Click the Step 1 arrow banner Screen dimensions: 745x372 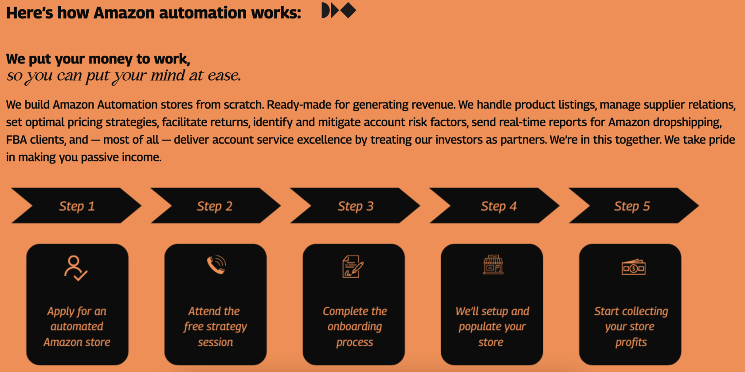[x=76, y=205]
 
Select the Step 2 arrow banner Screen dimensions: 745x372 [x=216, y=205]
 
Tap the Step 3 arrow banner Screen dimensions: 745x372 [x=355, y=205]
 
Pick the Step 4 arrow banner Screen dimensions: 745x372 [x=494, y=205]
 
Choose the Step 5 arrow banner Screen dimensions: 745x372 [x=634, y=205]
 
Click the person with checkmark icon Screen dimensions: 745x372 [x=76, y=268]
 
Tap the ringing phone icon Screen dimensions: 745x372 [x=216, y=265]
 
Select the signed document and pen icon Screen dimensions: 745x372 [x=353, y=266]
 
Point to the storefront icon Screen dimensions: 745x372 [x=493, y=264]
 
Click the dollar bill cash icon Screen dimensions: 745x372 [x=634, y=267]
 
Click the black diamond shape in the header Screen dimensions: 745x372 [x=348, y=10]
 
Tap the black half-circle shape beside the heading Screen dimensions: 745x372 [x=325, y=10]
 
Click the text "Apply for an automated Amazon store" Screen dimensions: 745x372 [x=77, y=326]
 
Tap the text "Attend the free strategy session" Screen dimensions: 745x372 [x=215, y=326]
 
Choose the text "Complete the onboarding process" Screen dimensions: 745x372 [x=355, y=326]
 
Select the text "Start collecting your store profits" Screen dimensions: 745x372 [x=631, y=326]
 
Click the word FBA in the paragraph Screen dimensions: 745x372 [x=16, y=140]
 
